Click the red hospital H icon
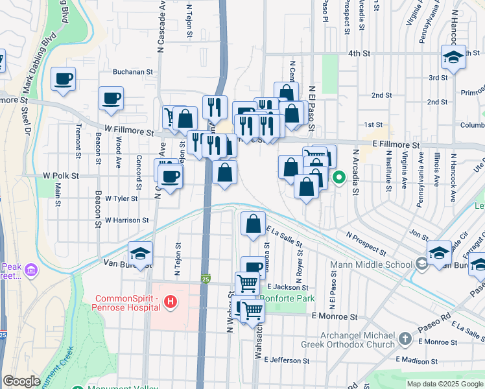pyautogui.click(x=170, y=301)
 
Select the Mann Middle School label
pyautogui.click(x=371, y=265)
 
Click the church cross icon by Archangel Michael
pyautogui.click(x=405, y=338)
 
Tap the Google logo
pyautogui.click(x=21, y=381)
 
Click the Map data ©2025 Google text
pyautogui.click(x=444, y=384)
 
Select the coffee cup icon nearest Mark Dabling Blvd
pyautogui.click(x=64, y=80)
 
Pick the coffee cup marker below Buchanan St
pyautogui.click(x=111, y=99)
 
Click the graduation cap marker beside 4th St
pyautogui.click(x=453, y=57)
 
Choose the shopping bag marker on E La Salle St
pyautogui.click(x=253, y=224)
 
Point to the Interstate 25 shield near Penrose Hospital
pyautogui.click(x=206, y=278)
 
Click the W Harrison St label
pyautogui.click(x=126, y=220)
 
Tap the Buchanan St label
pyautogui.click(x=132, y=73)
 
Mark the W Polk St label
pyautogui.click(x=60, y=176)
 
